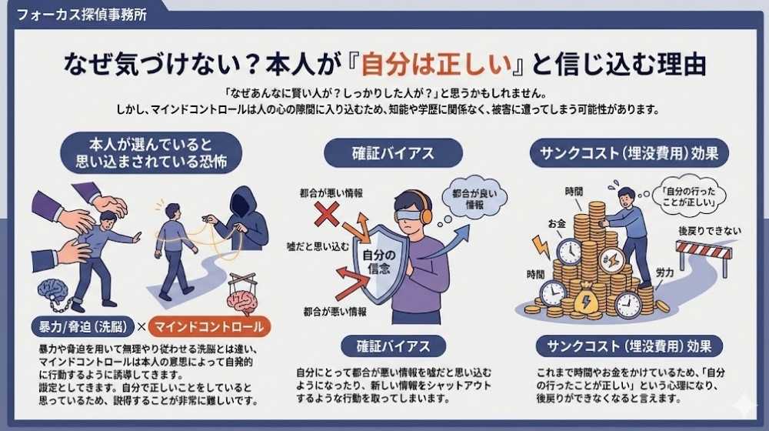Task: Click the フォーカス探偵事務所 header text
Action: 82,14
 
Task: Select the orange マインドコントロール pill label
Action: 209,326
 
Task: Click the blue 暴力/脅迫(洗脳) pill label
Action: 82,326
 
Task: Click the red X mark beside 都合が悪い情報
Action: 326,214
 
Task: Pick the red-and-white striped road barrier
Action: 704,256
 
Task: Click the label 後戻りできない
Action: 710,231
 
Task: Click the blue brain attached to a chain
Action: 52,291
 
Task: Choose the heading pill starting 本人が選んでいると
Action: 151,152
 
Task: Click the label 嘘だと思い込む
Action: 318,246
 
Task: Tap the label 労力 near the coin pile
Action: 665,272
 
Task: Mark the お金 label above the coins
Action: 557,224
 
